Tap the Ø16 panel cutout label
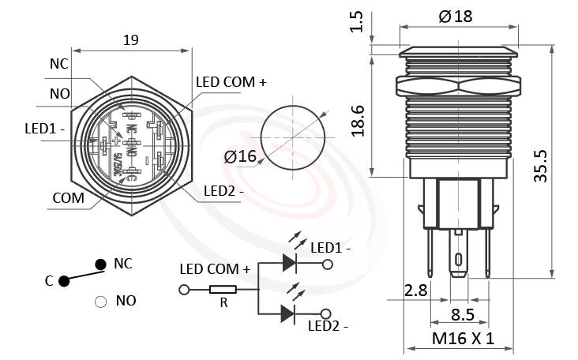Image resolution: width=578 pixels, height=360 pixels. tap(240, 157)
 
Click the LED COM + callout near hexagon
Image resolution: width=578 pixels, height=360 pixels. tap(231, 82)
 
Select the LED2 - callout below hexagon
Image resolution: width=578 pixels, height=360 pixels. tap(223, 190)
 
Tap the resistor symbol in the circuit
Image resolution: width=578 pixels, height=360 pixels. tap(222, 290)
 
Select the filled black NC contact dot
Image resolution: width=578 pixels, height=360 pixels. tap(100, 264)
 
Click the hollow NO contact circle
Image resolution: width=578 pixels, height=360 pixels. tap(100, 301)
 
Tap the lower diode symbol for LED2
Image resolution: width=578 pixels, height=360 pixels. tap(288, 313)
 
